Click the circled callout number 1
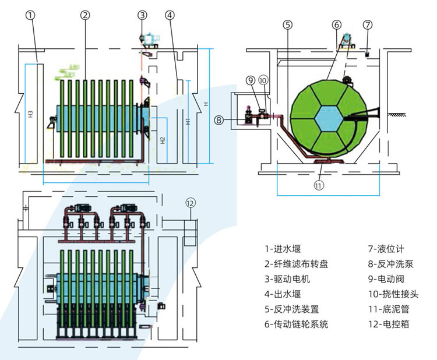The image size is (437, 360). [31, 16]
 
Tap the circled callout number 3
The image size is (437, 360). [143, 16]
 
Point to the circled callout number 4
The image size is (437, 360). [169, 16]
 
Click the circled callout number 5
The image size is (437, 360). [287, 24]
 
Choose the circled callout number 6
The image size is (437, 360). [336, 24]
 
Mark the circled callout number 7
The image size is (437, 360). [367, 24]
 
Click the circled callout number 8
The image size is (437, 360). [218, 121]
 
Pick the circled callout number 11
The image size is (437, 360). [318, 186]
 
